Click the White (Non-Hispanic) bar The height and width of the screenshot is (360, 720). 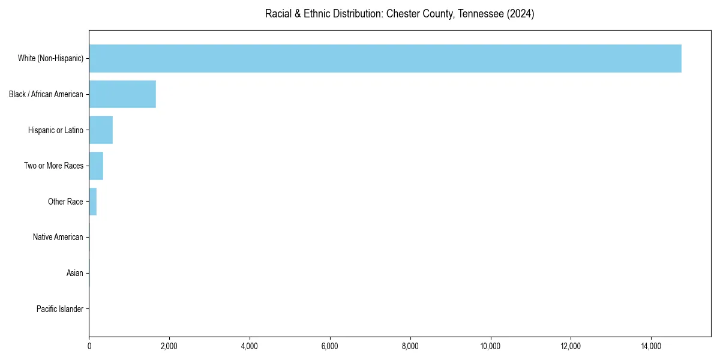385,58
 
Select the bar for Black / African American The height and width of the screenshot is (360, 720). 122,94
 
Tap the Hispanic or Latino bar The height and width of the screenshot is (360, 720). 101,130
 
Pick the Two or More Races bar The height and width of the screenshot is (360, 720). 96,166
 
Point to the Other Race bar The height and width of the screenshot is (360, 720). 93,202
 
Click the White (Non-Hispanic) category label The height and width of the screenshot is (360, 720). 50,58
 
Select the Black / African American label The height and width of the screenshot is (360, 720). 46,94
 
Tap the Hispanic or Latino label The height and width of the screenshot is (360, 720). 56,130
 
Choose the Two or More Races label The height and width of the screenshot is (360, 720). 53,166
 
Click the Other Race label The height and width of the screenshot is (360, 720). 65,202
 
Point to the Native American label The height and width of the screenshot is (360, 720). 58,238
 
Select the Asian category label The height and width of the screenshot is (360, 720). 75,274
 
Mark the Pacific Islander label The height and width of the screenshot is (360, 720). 60,310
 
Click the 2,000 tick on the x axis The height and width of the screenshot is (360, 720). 169,346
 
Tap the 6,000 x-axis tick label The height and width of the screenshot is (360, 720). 330,346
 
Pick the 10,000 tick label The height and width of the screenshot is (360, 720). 491,346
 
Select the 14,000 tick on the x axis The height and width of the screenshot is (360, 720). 651,346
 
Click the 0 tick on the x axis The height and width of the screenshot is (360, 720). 89,346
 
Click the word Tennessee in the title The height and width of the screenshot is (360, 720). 481,14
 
